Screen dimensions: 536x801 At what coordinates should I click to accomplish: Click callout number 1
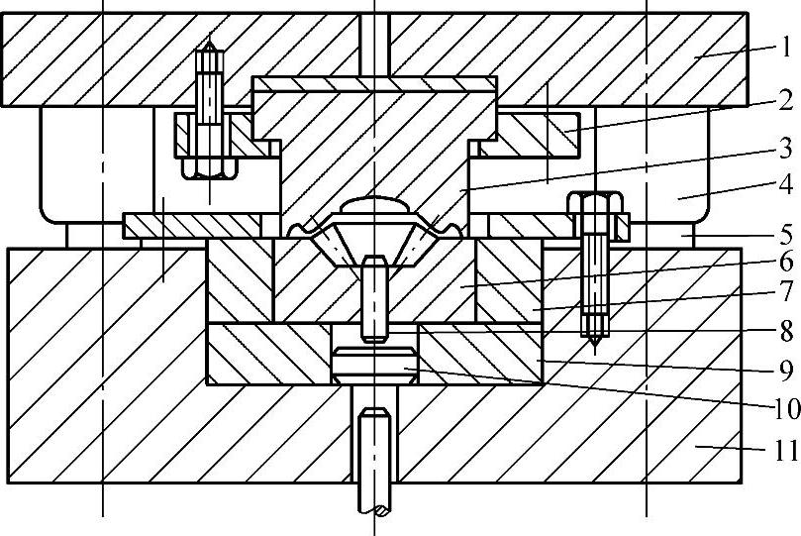pos(784,46)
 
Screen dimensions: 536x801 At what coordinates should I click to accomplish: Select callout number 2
pos(784,99)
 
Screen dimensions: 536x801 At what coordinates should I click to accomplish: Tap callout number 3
pos(784,149)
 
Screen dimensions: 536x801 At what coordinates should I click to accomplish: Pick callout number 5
pos(784,237)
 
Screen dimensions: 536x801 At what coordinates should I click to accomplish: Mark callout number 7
pos(784,292)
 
